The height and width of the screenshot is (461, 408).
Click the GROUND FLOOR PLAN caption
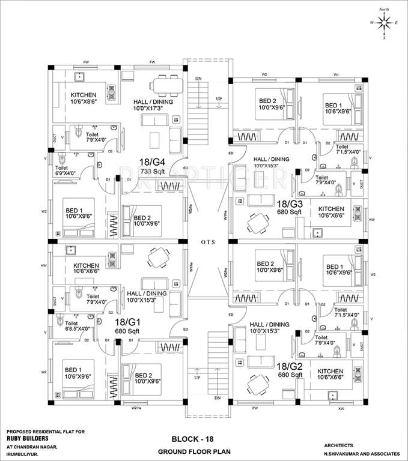(192, 451)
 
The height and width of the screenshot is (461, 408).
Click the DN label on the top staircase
(199, 79)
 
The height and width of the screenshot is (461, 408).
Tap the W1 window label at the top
(336, 74)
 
